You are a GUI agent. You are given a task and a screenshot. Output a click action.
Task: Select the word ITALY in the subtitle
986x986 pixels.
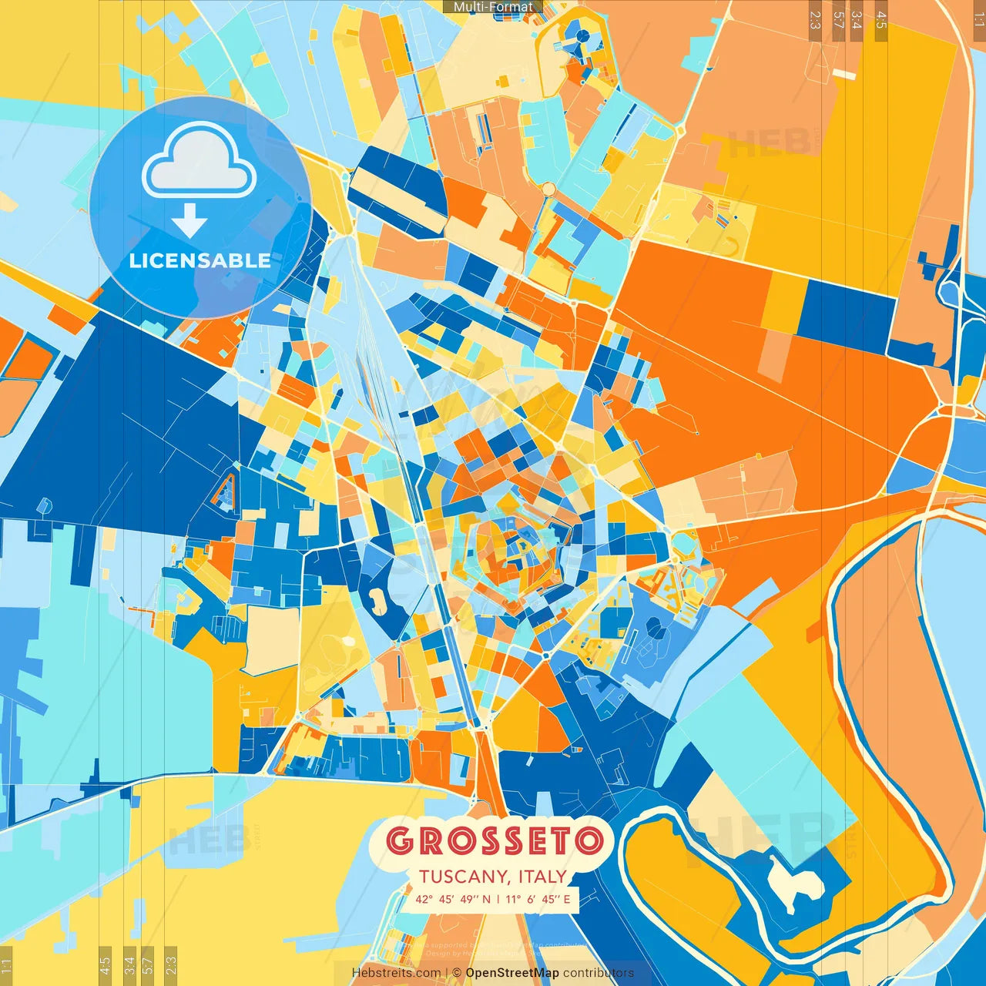[x=543, y=877]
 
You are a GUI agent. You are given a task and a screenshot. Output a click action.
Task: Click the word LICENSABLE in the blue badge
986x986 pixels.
[x=200, y=260]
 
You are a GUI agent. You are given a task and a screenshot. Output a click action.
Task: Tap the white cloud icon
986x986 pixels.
[x=200, y=163]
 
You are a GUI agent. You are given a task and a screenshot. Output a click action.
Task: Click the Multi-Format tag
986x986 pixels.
[x=493, y=7]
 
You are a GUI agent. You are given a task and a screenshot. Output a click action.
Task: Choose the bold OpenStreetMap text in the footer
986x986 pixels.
[x=512, y=973]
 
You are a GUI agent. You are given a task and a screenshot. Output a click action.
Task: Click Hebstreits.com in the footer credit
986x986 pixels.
[x=396, y=973]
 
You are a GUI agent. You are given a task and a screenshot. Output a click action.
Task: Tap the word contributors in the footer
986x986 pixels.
[x=598, y=973]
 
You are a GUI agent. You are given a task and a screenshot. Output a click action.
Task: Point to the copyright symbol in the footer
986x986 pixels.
[x=457, y=973]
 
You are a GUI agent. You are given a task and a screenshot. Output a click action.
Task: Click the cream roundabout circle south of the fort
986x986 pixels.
[x=548, y=189]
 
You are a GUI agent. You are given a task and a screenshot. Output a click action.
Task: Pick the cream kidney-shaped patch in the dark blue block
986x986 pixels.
[x=378, y=600]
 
